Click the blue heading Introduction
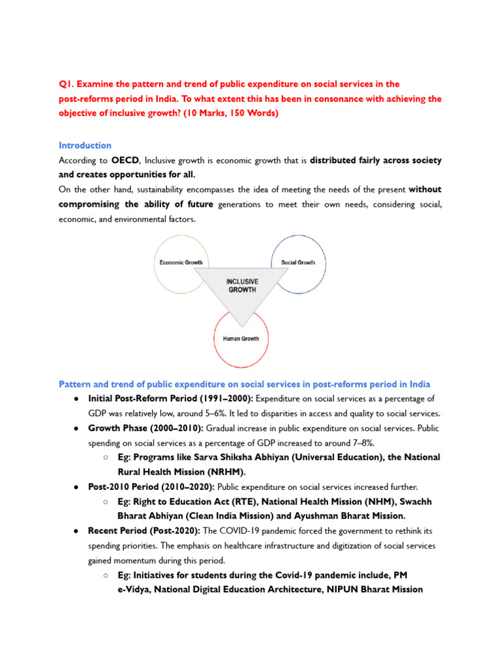(x=85, y=145)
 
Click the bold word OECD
(x=124, y=160)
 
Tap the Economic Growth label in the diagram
(x=181, y=262)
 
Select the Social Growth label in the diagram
(x=297, y=262)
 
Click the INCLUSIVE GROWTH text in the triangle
(x=241, y=285)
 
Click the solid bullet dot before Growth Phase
(x=76, y=429)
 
